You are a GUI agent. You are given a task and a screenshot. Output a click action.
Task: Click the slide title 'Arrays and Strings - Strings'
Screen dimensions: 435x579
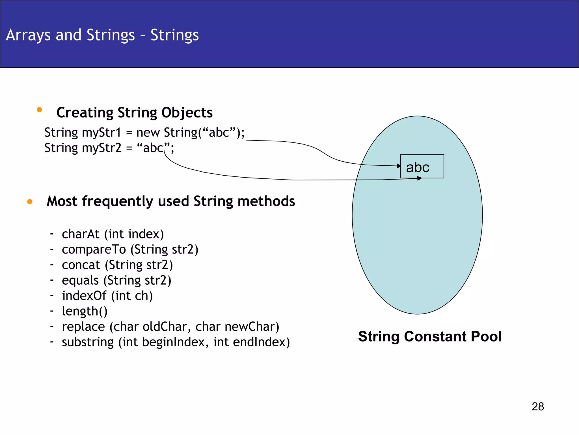(102, 35)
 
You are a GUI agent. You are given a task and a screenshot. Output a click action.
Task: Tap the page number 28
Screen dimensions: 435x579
(537, 406)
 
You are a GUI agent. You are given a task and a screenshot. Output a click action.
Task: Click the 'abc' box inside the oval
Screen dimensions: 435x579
(422, 167)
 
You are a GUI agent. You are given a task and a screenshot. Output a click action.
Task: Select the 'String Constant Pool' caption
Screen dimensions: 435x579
(429, 336)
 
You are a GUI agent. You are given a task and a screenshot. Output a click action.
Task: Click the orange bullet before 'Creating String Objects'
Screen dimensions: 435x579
(39, 110)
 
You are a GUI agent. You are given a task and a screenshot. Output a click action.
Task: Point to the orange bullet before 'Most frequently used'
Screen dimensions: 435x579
(30, 202)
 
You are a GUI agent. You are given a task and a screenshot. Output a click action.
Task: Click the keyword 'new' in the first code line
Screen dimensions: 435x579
(148, 133)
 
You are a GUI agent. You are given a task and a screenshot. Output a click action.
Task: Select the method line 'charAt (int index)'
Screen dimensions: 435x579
(113, 234)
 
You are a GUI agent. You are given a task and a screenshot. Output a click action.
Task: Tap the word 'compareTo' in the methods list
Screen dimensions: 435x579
(94, 250)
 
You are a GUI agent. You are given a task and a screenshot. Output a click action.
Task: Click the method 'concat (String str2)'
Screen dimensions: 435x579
(117, 265)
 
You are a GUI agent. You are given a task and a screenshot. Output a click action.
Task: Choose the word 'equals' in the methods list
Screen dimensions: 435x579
(80, 280)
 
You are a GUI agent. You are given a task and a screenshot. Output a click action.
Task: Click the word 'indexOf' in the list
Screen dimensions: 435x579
(84, 296)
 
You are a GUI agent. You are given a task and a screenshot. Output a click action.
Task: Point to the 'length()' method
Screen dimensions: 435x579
(85, 311)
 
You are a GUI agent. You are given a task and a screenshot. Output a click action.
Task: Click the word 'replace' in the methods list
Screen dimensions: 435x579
(83, 327)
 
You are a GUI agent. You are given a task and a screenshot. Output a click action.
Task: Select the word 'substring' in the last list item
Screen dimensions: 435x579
(88, 342)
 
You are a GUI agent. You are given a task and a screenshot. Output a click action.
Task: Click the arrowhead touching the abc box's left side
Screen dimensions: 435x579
(399, 166)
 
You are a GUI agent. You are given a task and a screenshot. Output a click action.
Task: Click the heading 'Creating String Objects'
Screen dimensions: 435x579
(134, 113)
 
